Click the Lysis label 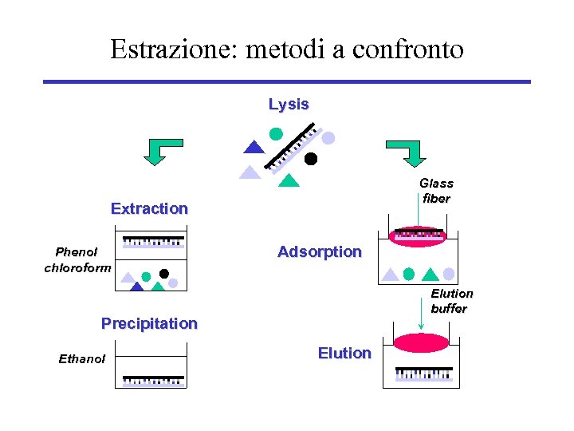[289, 105]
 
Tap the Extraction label [149, 208]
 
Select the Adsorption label [319, 251]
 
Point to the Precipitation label [149, 323]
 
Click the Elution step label [344, 353]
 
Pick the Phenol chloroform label [77, 259]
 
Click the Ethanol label [81, 359]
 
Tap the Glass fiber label [436, 191]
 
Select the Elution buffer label [451, 301]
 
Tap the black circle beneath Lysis [311, 158]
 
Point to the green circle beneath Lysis [276, 133]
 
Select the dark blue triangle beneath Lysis [254, 147]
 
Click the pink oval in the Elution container [422, 343]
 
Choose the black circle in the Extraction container [164, 273]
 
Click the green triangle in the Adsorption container [431, 275]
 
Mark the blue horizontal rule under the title [286, 81]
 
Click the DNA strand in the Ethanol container [151, 380]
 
